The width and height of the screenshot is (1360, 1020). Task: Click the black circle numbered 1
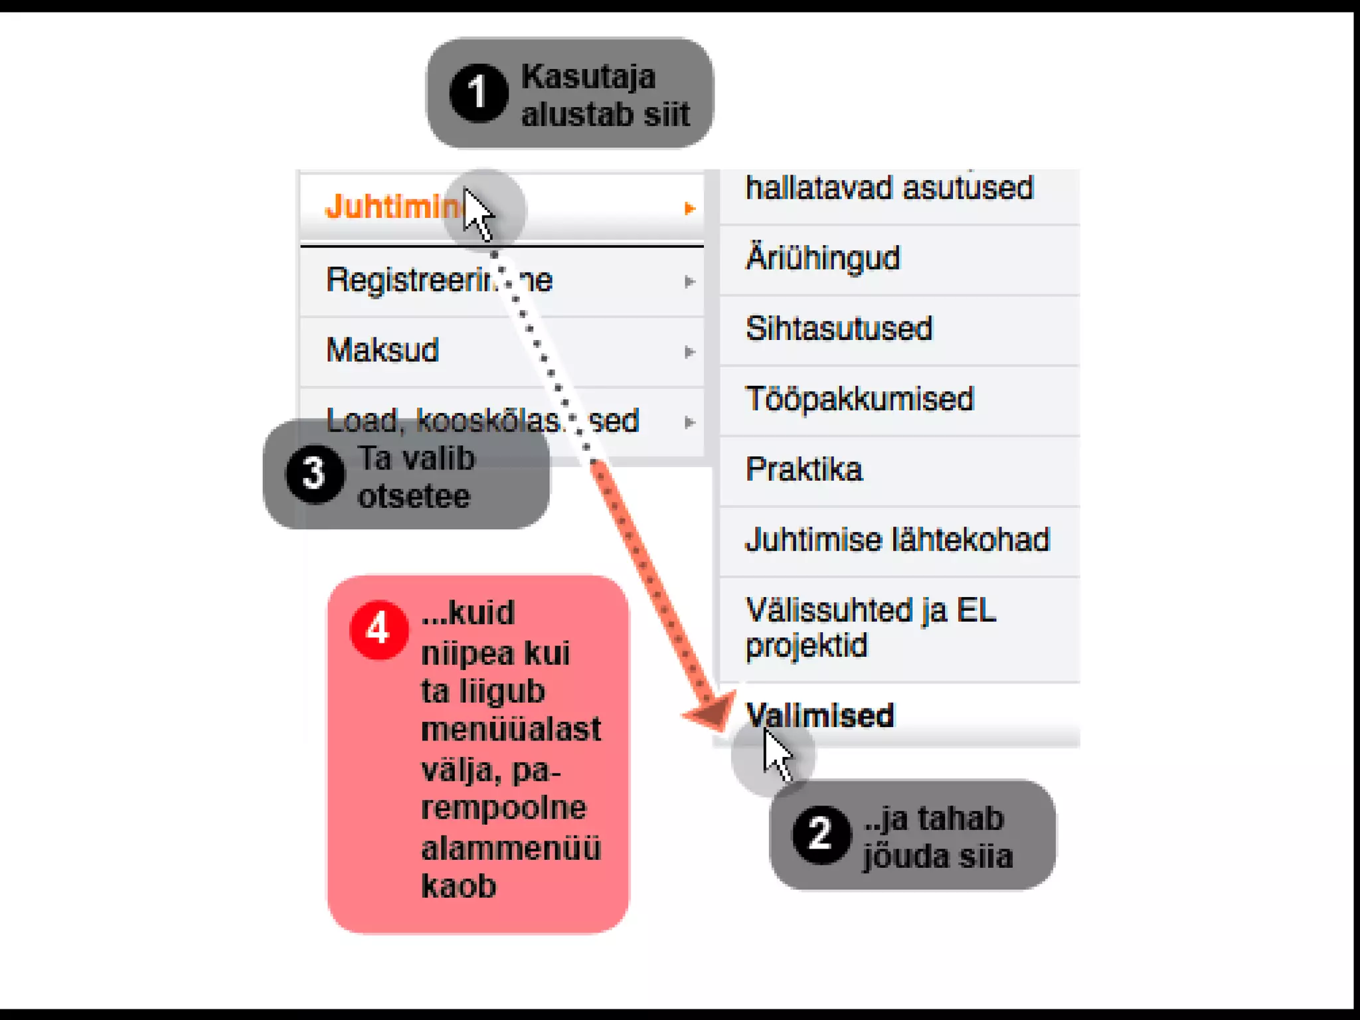478,93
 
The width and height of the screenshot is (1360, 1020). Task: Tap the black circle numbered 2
821,834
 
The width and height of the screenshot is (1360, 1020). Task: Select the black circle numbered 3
315,474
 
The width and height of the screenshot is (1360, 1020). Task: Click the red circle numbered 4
379,630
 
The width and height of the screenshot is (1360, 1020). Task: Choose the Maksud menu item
383,350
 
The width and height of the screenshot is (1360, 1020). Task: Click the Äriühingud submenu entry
823,258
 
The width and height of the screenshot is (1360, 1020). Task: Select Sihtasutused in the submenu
839,329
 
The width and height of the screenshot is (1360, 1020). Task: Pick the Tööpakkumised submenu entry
859,399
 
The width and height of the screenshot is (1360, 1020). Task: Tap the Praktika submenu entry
804,469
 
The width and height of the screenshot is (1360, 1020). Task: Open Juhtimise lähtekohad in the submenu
897,540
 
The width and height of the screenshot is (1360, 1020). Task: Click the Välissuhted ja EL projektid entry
870,628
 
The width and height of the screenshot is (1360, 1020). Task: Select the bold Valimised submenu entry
820,716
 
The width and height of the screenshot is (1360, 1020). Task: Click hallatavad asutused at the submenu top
889,188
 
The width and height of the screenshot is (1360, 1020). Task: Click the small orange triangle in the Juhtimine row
689,209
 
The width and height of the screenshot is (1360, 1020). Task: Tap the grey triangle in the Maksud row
689,352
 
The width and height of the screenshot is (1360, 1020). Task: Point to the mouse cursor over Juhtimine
477,212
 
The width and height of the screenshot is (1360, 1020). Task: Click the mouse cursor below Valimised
776,754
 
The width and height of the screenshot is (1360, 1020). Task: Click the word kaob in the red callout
459,887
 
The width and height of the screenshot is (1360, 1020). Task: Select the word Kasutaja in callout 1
588,77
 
